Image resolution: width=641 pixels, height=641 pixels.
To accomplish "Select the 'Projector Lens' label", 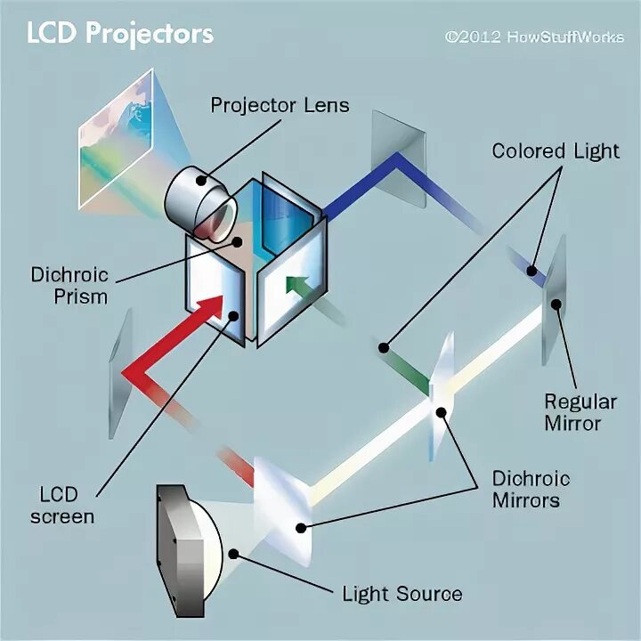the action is click(x=280, y=105).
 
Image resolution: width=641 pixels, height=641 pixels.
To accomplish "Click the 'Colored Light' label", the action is click(x=556, y=150).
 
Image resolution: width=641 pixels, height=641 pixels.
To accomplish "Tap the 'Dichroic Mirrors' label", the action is click(x=531, y=489).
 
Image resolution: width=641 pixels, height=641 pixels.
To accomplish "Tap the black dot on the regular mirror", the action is click(x=556, y=304).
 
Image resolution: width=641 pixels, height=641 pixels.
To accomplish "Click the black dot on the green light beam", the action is click(x=385, y=346).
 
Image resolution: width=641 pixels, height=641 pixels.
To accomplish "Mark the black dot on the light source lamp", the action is click(x=234, y=553).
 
